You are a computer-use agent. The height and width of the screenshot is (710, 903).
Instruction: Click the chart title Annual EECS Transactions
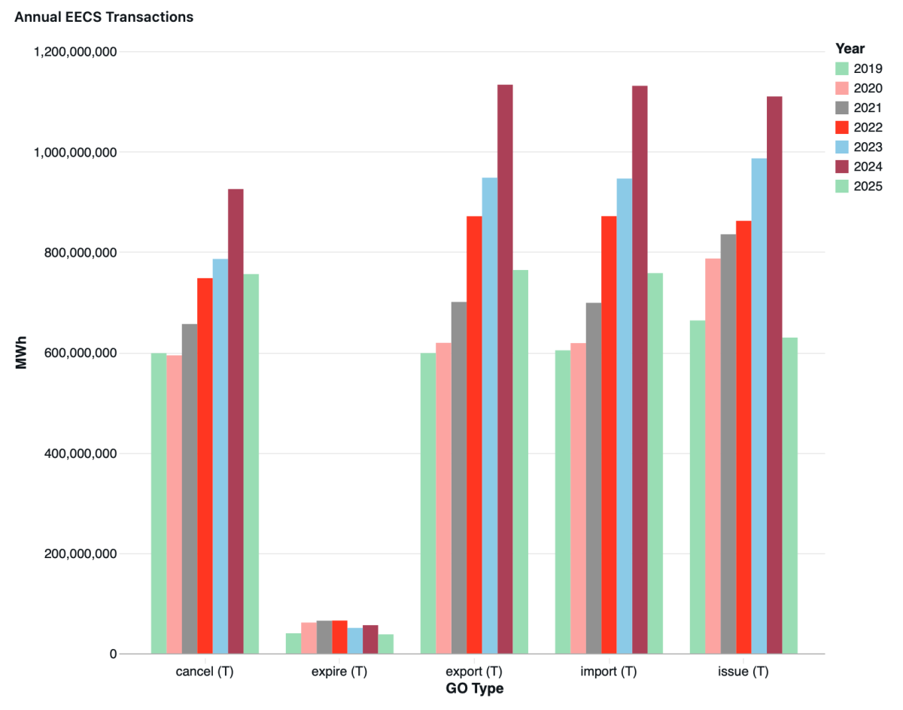(x=104, y=17)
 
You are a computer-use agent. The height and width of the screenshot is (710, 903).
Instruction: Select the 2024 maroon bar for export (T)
(x=505, y=369)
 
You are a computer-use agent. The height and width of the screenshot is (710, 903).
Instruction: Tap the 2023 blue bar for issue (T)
(x=759, y=406)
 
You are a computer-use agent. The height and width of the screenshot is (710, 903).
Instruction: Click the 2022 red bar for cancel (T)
(x=205, y=466)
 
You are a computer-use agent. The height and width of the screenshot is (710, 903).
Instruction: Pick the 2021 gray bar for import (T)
(x=594, y=478)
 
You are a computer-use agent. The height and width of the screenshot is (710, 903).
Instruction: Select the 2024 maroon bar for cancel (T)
(x=236, y=421)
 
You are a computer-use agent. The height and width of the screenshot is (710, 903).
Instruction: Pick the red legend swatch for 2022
(x=842, y=127)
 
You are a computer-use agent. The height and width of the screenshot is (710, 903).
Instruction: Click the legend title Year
(x=850, y=48)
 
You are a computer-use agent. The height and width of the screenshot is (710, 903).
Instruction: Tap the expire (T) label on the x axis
(x=339, y=672)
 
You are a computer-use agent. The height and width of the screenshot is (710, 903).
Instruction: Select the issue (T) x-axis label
(x=743, y=672)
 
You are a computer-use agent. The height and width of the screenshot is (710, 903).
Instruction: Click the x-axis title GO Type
(x=474, y=689)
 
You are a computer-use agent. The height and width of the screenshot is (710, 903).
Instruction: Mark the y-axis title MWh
(x=22, y=353)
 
